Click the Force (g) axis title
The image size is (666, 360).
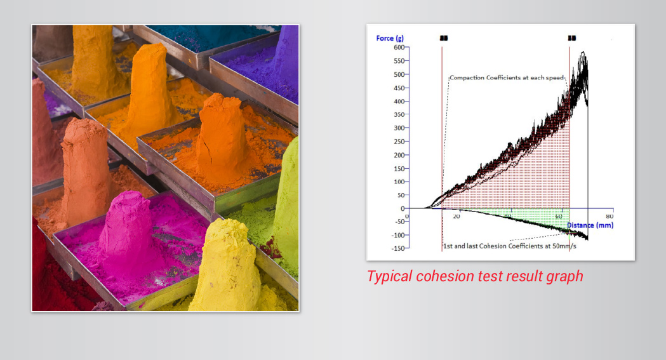pyautogui.click(x=390, y=39)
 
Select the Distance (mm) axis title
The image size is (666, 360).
pyautogui.click(x=590, y=225)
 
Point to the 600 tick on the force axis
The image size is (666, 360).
pyautogui.click(x=398, y=48)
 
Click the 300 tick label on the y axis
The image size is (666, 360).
pyautogui.click(x=398, y=128)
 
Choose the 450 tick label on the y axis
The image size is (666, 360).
pyautogui.click(x=398, y=88)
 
